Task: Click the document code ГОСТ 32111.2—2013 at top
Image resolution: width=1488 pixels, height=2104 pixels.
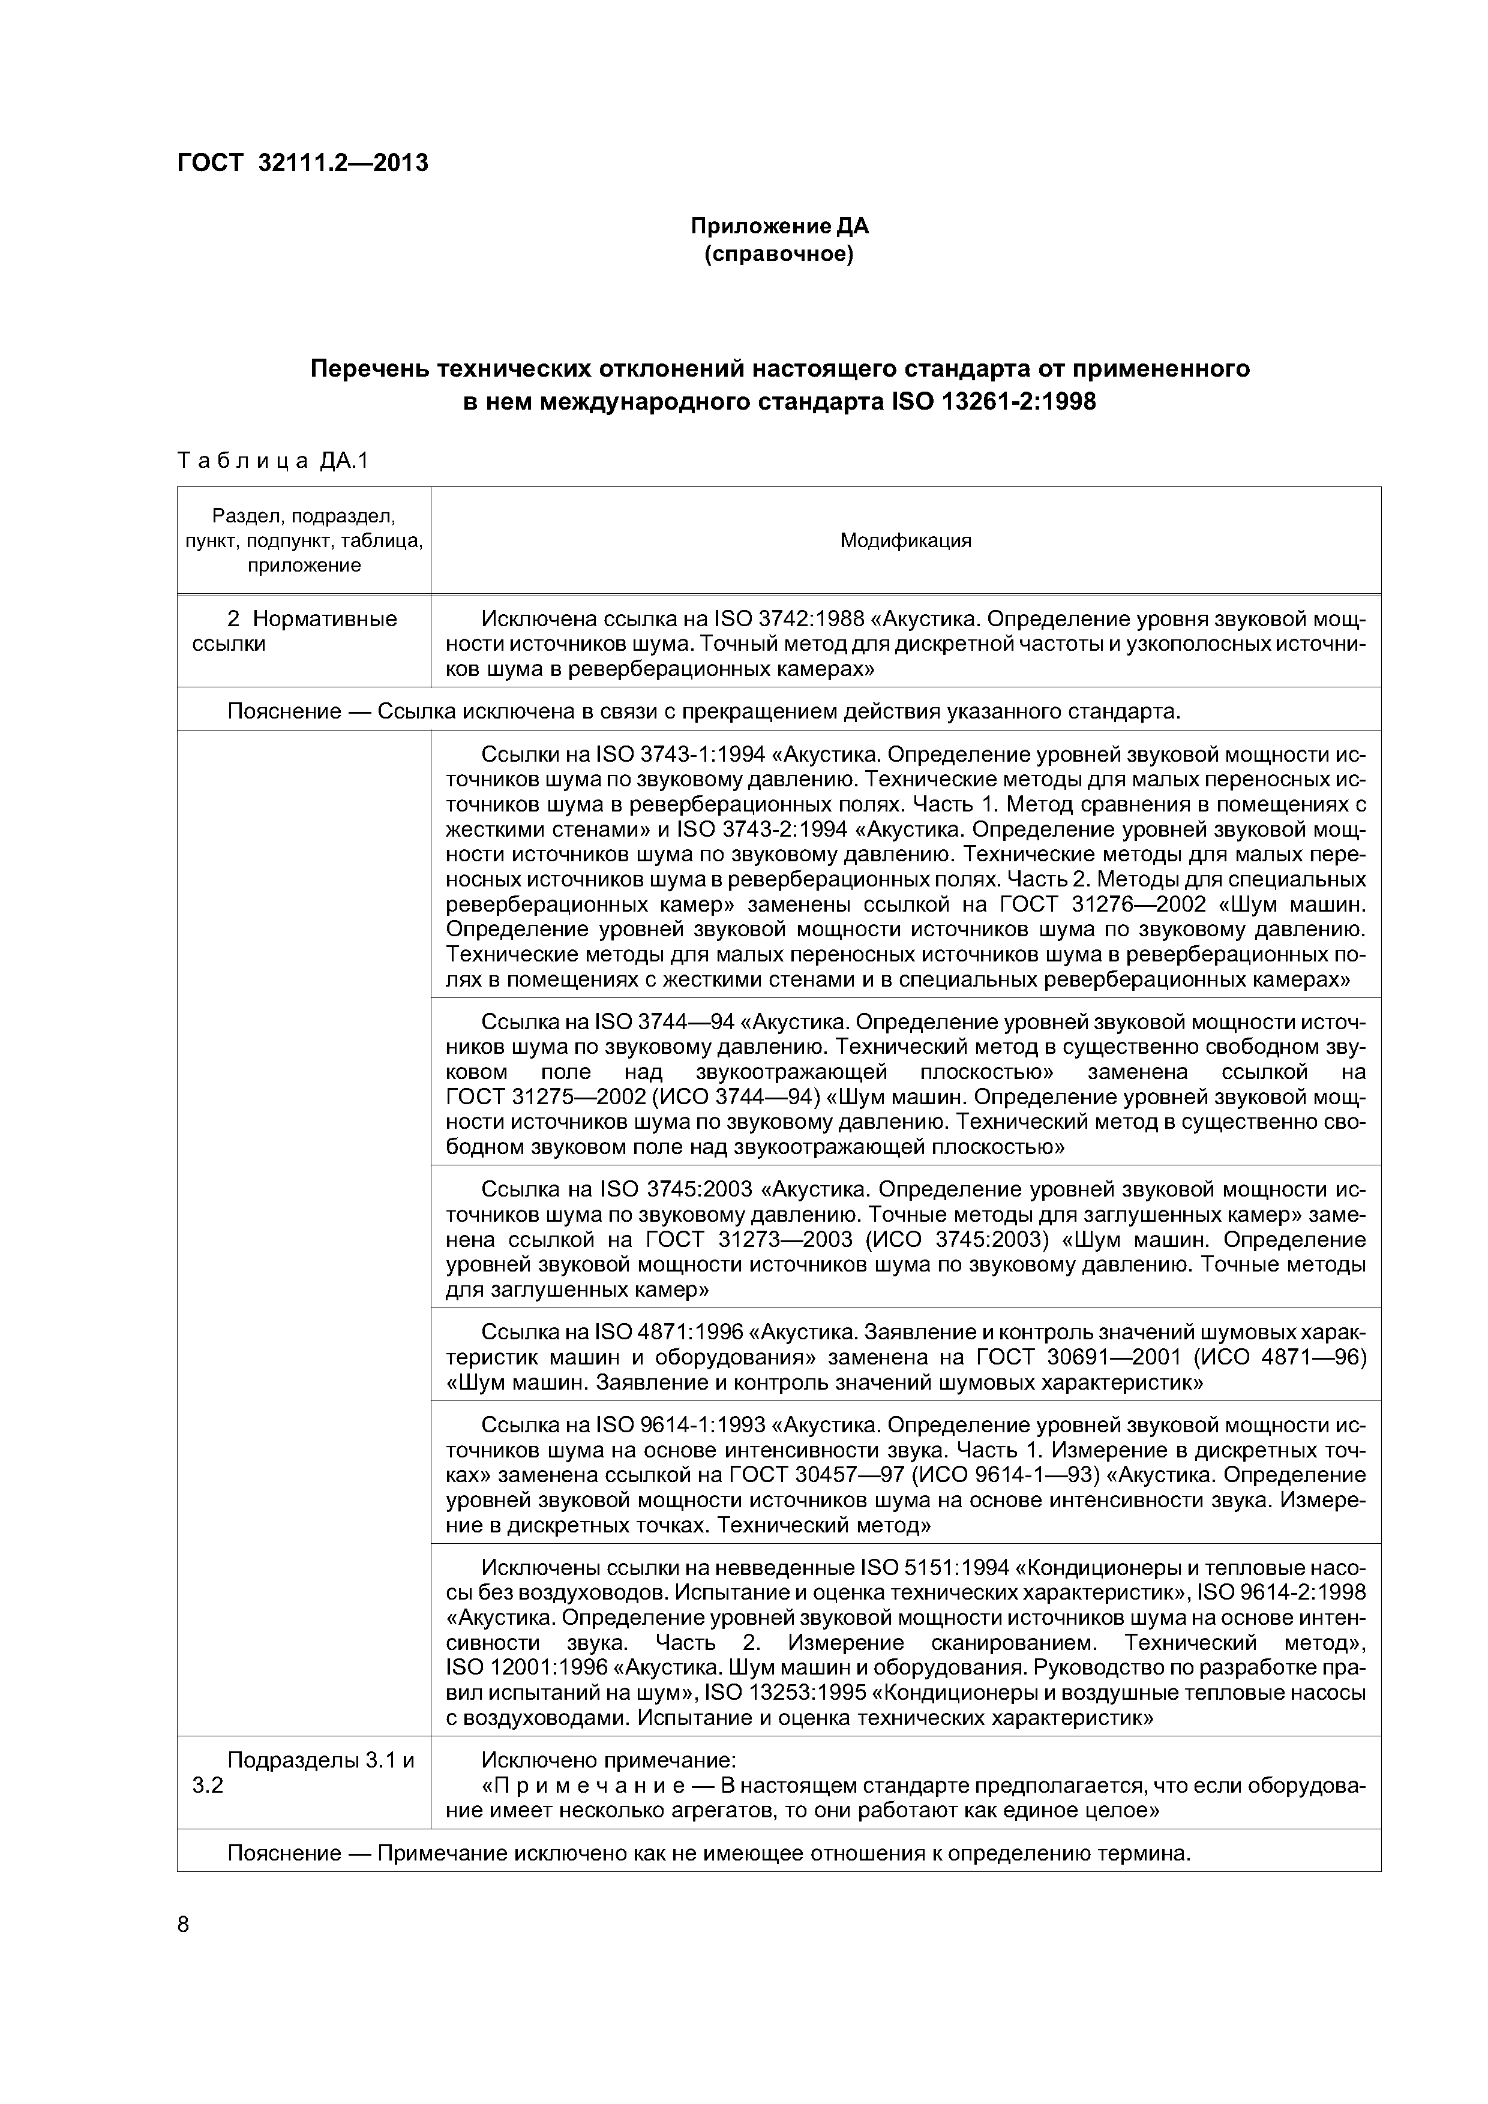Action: tap(302, 163)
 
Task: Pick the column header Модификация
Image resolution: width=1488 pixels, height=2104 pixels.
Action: tap(905, 540)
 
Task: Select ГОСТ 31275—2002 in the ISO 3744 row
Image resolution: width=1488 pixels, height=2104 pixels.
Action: tap(527, 1097)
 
